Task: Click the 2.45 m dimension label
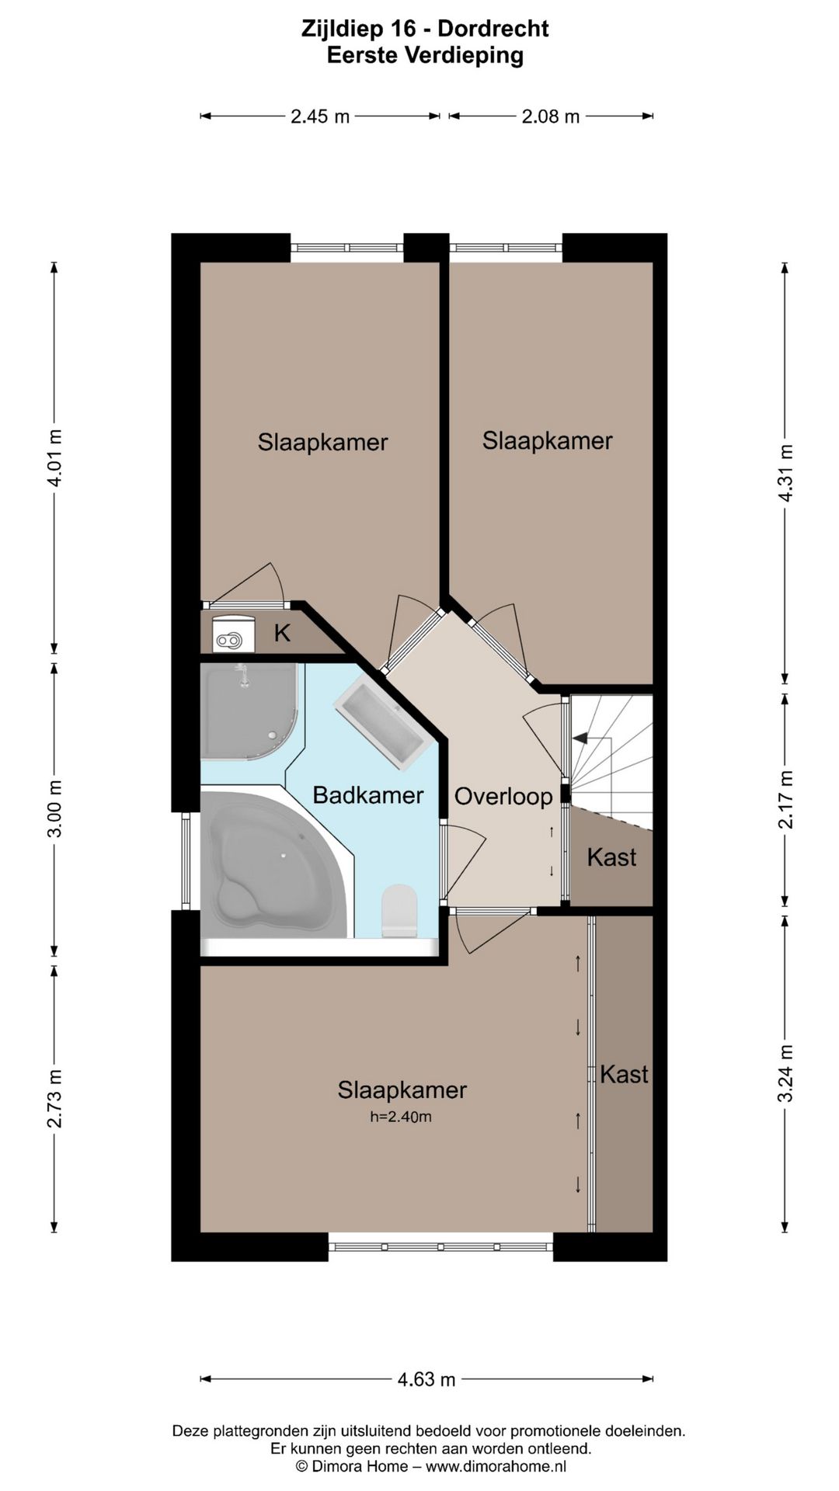click(320, 116)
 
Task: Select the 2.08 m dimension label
click(551, 116)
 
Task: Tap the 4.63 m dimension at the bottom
click(426, 1379)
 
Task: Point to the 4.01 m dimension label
click(54, 457)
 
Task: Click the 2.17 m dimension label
click(786, 799)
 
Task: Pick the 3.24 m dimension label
click(786, 1072)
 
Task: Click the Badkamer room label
click(368, 795)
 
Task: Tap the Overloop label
click(503, 797)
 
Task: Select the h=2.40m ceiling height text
click(401, 1117)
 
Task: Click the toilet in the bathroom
click(399, 909)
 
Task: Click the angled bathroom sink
click(382, 722)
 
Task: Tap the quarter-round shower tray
click(250, 711)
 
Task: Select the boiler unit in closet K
click(233, 634)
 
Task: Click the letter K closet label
click(282, 633)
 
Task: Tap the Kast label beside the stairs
click(611, 857)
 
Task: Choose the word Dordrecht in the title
click(493, 29)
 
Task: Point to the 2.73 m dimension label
click(54, 1099)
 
